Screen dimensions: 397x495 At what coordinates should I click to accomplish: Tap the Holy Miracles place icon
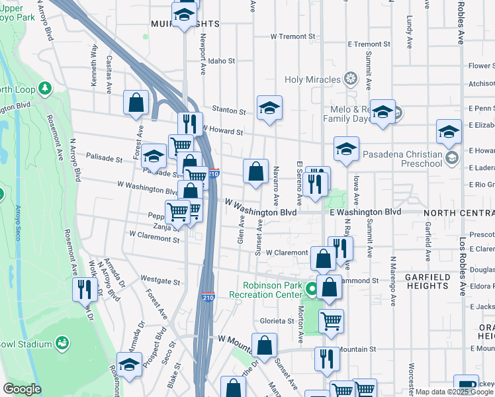(x=350, y=80)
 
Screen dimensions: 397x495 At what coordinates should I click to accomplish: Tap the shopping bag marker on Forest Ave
(x=136, y=103)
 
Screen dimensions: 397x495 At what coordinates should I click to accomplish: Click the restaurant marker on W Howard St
(x=189, y=124)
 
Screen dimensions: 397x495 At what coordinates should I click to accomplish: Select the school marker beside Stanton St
(x=269, y=108)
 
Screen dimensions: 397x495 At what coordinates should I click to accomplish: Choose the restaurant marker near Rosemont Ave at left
(x=85, y=288)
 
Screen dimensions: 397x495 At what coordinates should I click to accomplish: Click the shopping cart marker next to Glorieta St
(x=331, y=322)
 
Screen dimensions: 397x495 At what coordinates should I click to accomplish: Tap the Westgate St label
(x=160, y=282)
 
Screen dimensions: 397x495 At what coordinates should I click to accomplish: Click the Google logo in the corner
(x=22, y=389)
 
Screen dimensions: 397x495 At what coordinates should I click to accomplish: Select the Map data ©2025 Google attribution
(x=454, y=392)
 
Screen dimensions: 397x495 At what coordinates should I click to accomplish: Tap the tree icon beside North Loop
(x=45, y=88)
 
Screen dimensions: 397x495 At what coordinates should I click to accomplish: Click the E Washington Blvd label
(x=365, y=212)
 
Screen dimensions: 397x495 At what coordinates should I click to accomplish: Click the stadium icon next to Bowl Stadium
(x=62, y=343)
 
